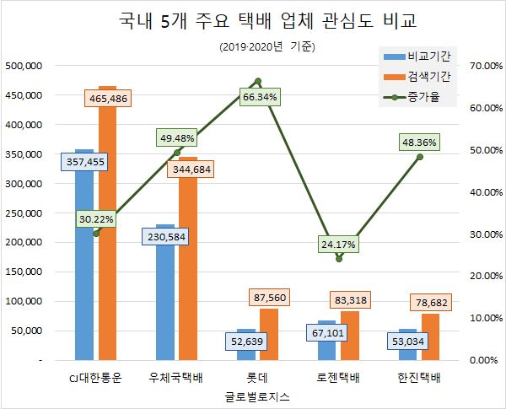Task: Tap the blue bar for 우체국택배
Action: [165, 295]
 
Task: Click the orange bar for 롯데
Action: [267, 337]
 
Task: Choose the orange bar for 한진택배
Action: [429, 342]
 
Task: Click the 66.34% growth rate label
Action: [259, 97]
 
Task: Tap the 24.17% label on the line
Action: [339, 245]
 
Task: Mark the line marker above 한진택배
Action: [420, 157]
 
